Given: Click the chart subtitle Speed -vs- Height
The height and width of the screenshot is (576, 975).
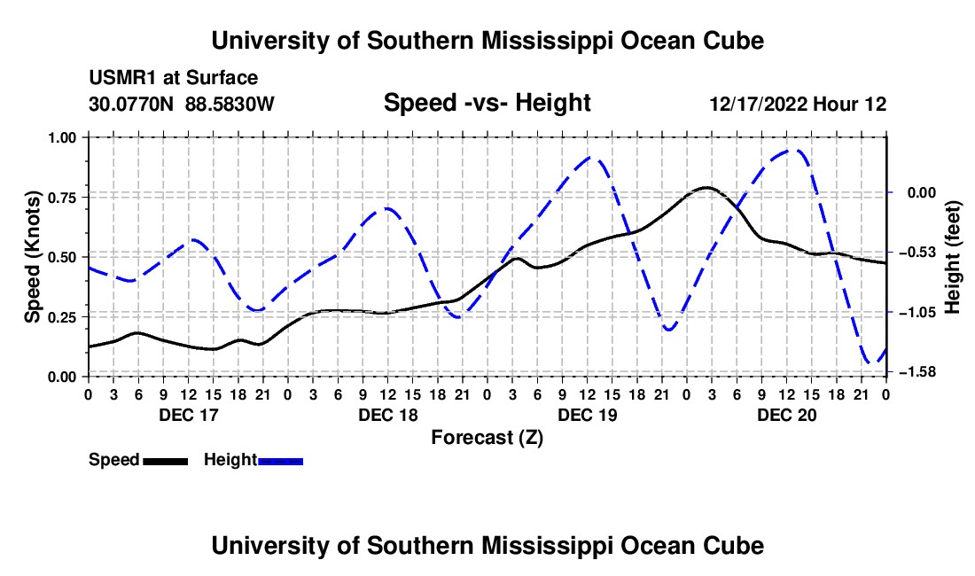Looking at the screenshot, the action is (x=487, y=103).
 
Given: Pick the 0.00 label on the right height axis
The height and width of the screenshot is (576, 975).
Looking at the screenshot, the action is (x=922, y=192).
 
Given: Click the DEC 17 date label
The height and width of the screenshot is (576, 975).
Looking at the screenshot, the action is (x=189, y=415).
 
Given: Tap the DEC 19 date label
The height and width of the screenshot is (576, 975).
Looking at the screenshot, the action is (x=588, y=415).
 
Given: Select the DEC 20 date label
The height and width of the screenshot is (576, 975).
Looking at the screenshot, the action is (x=786, y=415).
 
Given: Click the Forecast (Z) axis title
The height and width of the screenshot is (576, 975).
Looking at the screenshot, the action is (x=487, y=438).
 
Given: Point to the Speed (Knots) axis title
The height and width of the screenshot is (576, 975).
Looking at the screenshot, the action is (x=32, y=257).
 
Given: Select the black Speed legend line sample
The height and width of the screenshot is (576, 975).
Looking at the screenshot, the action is (x=166, y=462).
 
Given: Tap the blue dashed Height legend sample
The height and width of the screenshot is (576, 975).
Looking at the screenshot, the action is (x=280, y=462).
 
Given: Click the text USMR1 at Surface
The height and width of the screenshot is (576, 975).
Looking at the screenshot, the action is (x=173, y=78).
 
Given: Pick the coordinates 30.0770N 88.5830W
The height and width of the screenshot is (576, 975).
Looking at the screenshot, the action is (x=181, y=104).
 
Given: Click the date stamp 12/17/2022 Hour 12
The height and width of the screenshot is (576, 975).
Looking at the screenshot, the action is (x=798, y=104).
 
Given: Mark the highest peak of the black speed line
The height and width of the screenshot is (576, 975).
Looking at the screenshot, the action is (x=706, y=187).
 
